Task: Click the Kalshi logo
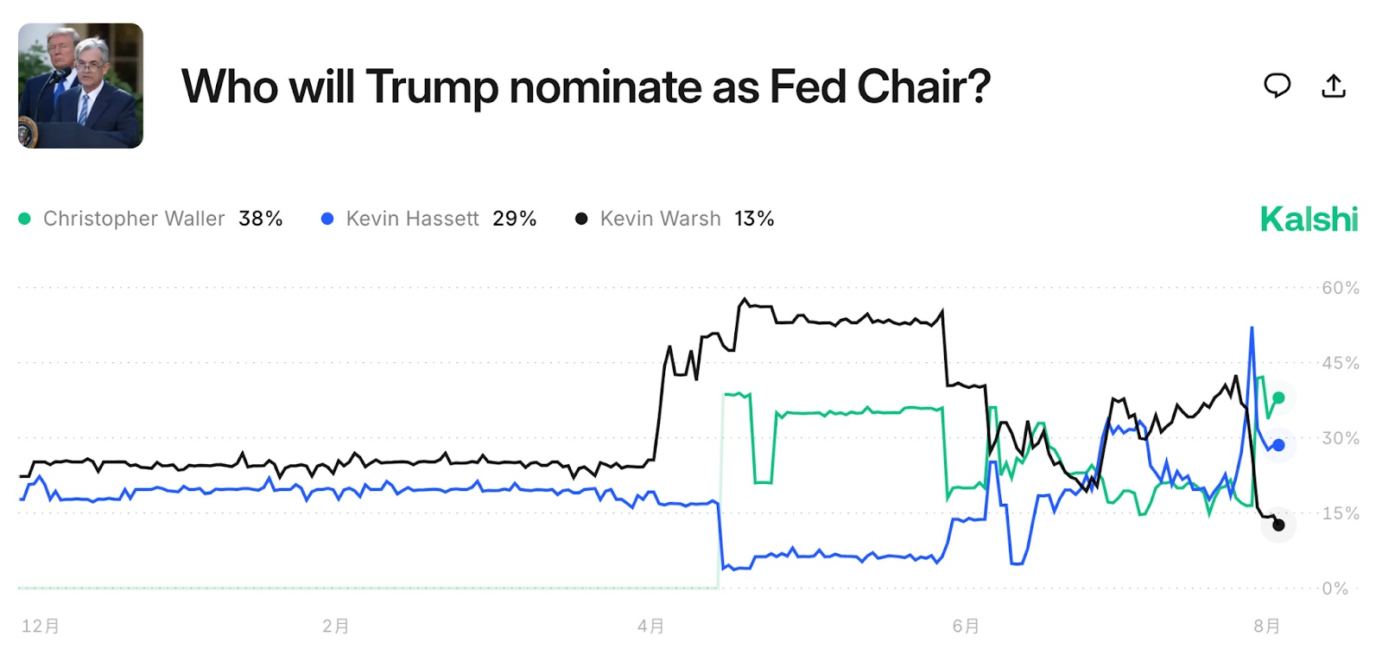coord(1309,220)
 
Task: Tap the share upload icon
coord(1334,86)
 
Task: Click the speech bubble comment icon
coord(1277,86)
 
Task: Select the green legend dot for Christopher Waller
coord(24,220)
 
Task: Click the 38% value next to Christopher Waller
coord(261,220)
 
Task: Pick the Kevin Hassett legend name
coord(412,220)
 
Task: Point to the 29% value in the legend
coord(515,220)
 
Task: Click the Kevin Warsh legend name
coord(660,220)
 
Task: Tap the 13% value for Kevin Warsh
coord(754,220)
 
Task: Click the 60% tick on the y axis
coord(1340,288)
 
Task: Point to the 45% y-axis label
coord(1340,363)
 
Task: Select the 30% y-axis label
coord(1340,438)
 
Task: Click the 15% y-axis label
coord(1340,513)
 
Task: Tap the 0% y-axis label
coord(1334,589)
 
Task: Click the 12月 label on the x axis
coord(41,626)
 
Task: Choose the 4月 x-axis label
coord(651,626)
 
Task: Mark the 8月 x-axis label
coord(1267,626)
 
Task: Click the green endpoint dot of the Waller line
coord(1278,398)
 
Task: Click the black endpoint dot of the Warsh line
coord(1278,525)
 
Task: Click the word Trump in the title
coord(432,87)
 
